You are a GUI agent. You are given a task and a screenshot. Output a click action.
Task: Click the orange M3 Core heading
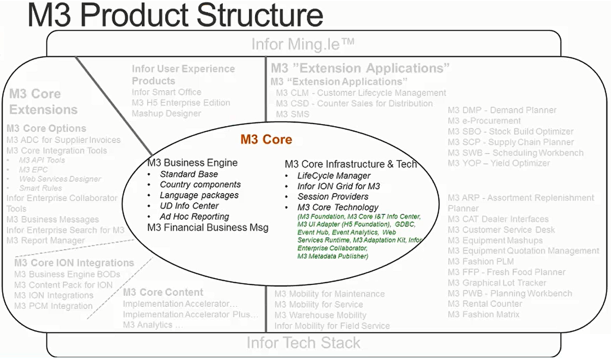266,139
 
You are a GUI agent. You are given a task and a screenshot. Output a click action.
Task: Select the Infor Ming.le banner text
303,44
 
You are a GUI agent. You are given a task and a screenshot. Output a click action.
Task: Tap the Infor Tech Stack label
303,343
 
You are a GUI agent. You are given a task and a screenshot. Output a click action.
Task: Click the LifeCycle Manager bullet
334,176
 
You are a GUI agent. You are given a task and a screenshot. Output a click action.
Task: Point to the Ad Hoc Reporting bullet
194,217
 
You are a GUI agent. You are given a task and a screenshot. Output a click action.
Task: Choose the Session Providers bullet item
333,197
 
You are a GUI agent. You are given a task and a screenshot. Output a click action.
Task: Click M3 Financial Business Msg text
208,227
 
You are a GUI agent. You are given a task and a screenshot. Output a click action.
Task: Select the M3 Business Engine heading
192,163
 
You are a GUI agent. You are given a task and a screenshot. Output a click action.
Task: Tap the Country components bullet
200,185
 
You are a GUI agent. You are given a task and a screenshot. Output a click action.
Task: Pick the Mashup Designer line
166,113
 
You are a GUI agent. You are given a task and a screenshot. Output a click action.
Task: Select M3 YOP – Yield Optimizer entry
498,163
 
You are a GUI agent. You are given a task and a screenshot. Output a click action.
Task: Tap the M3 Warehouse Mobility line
320,315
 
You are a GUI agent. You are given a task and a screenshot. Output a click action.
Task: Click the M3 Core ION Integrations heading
74,262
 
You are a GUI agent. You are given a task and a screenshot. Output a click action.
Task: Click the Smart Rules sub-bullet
40,188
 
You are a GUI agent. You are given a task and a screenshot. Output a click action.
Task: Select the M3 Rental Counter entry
485,304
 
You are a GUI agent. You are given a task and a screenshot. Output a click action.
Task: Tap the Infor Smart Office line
166,92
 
